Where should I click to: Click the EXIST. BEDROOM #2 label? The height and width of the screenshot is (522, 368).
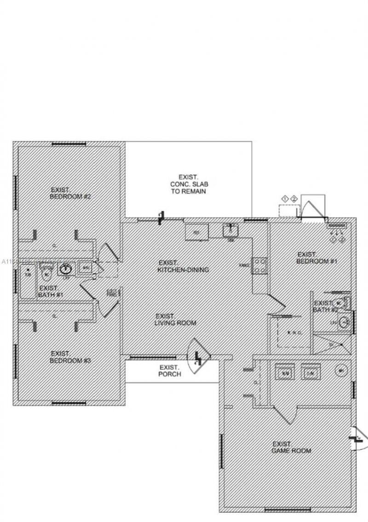click(x=70, y=193)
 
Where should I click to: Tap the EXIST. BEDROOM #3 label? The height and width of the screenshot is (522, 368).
click(x=70, y=357)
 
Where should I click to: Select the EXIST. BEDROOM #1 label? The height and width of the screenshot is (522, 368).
click(x=317, y=258)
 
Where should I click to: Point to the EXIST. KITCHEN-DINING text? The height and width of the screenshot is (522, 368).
click(x=183, y=266)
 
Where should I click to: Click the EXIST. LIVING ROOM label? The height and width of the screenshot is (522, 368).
click(x=175, y=320)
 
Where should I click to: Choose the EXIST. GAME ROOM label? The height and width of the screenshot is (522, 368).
click(x=291, y=447)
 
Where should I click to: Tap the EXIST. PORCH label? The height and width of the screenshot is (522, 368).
click(x=170, y=371)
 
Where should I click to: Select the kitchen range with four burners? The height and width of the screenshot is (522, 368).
click(x=259, y=265)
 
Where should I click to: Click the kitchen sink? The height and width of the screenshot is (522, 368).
click(x=230, y=229)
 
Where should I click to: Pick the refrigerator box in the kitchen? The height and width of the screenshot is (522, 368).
click(x=196, y=232)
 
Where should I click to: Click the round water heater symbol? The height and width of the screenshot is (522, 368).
click(x=341, y=371)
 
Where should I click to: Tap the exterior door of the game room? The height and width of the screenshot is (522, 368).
click(x=358, y=439)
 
